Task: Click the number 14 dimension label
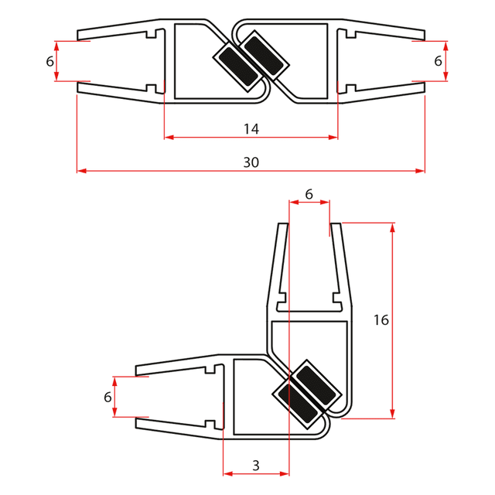[251, 129]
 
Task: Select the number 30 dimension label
[251, 162]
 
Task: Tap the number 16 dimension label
[380, 319]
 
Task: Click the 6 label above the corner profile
[309, 195]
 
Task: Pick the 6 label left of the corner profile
[108, 397]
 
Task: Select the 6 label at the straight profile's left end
[49, 60]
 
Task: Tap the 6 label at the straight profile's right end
[438, 60]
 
